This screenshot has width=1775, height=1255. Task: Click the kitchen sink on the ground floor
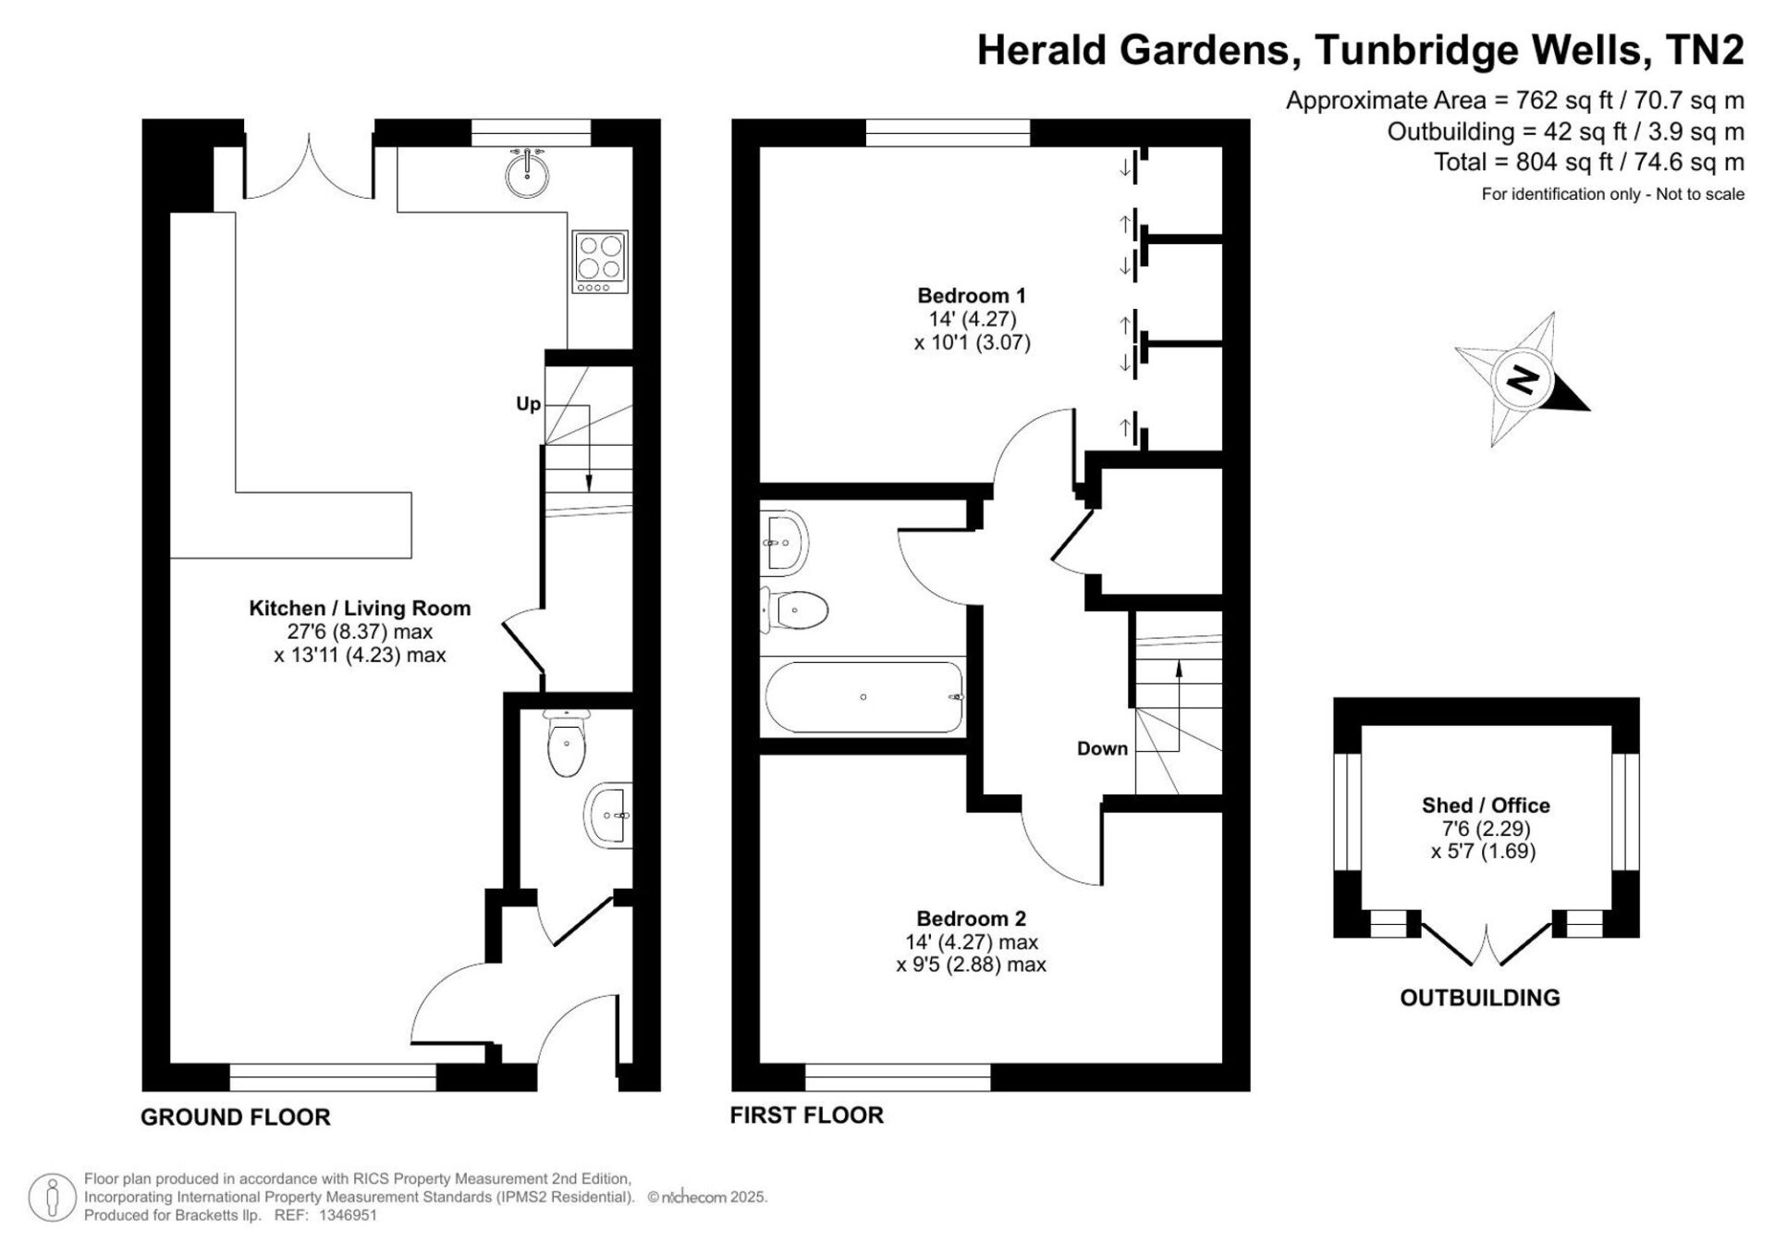(x=528, y=173)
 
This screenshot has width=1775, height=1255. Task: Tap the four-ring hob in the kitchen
(x=600, y=262)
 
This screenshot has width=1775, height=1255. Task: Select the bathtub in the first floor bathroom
(x=863, y=696)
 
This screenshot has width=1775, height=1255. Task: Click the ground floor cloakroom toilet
(x=566, y=743)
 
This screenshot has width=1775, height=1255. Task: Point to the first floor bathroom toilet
(x=793, y=609)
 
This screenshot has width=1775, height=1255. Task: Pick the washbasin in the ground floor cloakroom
(x=609, y=815)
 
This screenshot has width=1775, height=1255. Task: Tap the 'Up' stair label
(x=529, y=404)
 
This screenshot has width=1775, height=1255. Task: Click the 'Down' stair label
(x=1102, y=748)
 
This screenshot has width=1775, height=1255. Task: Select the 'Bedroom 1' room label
(x=972, y=296)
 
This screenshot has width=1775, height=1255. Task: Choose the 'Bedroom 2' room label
(x=971, y=918)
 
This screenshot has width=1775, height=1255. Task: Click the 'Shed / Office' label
(x=1486, y=806)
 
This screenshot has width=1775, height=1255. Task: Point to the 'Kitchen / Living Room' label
(x=360, y=609)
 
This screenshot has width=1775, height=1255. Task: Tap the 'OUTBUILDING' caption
(x=1480, y=998)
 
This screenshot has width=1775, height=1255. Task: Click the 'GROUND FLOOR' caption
(x=236, y=1117)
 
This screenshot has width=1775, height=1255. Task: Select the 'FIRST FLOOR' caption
(x=807, y=1115)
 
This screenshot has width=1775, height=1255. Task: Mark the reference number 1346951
(x=348, y=1215)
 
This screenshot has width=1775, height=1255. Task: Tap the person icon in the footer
(x=52, y=1198)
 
